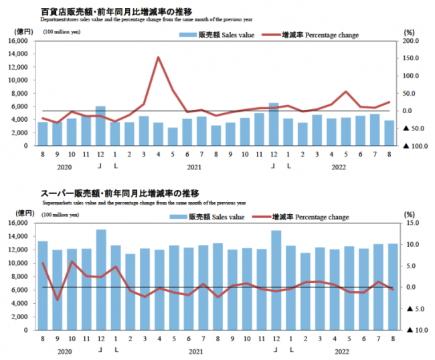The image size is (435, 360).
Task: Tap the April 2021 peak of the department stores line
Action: [158, 58]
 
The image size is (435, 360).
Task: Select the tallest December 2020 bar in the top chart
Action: [100, 126]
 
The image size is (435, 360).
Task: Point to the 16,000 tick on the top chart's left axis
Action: [19, 41]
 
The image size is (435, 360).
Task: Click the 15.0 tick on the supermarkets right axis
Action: [414, 223]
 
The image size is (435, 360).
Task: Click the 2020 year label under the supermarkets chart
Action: [64, 351]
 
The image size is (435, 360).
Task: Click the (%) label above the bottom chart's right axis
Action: [410, 213]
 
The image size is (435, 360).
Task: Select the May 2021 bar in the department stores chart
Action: [173, 137]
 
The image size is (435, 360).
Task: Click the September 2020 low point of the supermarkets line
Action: [58, 300]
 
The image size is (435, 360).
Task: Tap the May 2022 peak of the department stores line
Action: [346, 92]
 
